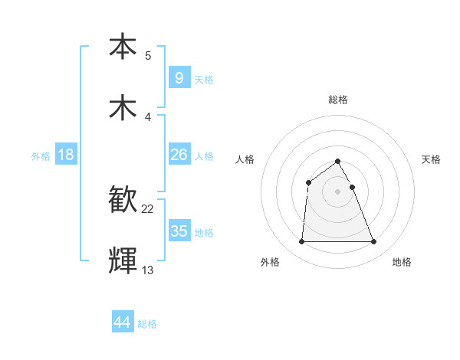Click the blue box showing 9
pyautogui.click(x=179, y=77)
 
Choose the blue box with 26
pyautogui.click(x=179, y=155)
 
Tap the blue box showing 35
pyautogui.click(x=179, y=231)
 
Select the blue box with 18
pyautogui.click(x=66, y=155)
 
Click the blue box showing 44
pyautogui.click(x=122, y=323)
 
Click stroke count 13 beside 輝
pyautogui.click(x=148, y=270)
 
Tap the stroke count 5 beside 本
pyautogui.click(x=148, y=56)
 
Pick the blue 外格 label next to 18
pyautogui.click(x=41, y=156)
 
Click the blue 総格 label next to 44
pyautogui.click(x=147, y=325)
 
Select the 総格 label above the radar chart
pyautogui.click(x=338, y=100)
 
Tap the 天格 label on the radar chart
pyautogui.click(x=431, y=159)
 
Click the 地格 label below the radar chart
pyautogui.click(x=402, y=262)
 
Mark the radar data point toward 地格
pyautogui.click(x=374, y=242)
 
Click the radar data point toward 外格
pyautogui.click(x=301, y=242)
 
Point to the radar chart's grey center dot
pyautogui.click(x=338, y=191)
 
